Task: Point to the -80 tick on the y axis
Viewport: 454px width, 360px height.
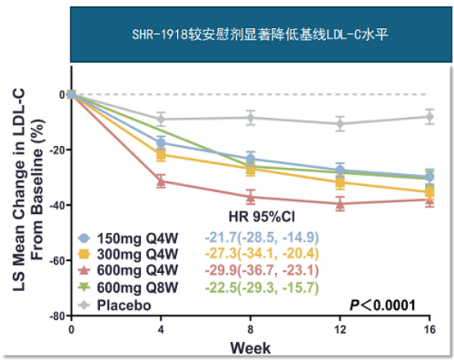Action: point(54,316)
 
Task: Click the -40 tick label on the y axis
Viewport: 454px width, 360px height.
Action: point(54,206)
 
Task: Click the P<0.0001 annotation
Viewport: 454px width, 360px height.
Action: point(384,305)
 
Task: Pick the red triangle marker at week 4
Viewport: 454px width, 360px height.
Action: point(160,181)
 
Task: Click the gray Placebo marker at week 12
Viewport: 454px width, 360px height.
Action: point(340,123)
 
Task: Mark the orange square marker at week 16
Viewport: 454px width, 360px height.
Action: point(429,192)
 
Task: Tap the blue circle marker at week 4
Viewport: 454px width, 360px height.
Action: point(160,143)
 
